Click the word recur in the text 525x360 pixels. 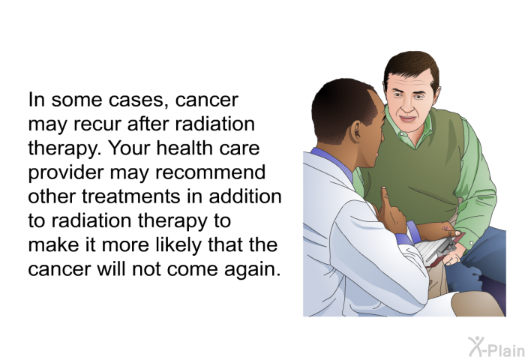(97, 124)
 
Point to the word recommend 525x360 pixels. (211, 172)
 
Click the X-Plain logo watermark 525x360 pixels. (496, 347)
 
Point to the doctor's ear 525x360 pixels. (355, 131)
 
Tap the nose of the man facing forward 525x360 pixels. (406, 105)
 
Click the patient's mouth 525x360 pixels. (408, 118)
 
